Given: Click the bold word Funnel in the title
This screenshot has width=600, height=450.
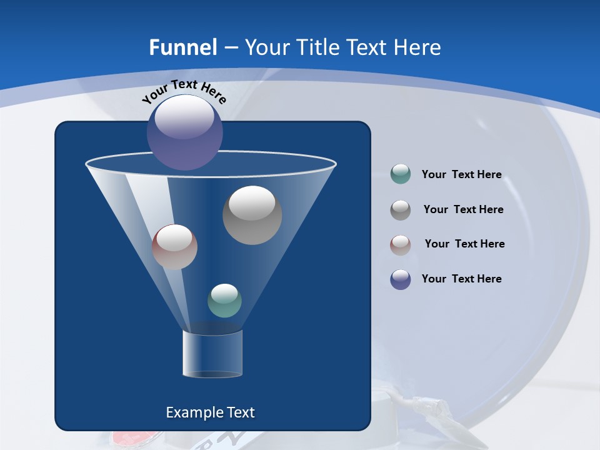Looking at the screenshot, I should (183, 47).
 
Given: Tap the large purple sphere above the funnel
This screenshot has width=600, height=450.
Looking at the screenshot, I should (185, 132).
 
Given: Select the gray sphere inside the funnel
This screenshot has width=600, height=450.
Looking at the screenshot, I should (252, 215).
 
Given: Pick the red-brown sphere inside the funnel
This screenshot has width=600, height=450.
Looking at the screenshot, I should (174, 247).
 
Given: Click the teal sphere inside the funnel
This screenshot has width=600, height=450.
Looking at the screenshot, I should (224, 300).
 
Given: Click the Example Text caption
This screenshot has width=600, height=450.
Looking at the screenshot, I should (210, 412).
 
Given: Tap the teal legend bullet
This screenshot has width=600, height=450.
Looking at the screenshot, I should (401, 174).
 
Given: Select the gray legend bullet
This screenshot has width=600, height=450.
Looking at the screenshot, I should (401, 209).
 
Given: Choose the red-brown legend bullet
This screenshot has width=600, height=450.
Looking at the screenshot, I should (401, 244).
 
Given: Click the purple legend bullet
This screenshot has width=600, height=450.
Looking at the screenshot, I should (401, 279).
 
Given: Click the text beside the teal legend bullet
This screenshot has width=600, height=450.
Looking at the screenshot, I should (461, 174).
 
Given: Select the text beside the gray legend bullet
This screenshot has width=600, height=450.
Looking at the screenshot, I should (463, 209).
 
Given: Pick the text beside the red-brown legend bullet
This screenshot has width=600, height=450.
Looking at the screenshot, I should (464, 244).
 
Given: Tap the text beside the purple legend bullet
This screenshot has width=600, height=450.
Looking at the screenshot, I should (461, 279).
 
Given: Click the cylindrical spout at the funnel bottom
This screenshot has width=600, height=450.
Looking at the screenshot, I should (212, 354).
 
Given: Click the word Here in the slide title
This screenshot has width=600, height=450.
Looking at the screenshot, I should (418, 47).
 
